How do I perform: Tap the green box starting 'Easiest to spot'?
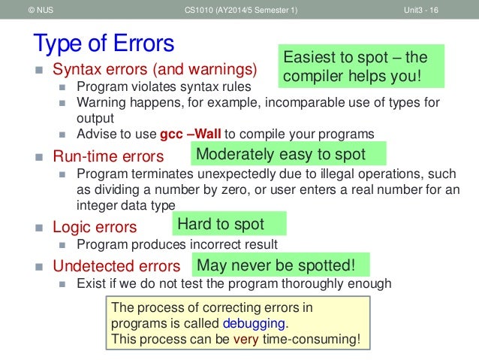point(360,67)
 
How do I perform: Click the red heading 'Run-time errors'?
point(108,157)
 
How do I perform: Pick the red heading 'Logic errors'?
point(95,227)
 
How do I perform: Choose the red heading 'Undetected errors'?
point(116,266)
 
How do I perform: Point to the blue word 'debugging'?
point(255,323)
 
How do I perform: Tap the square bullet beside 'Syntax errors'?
point(38,71)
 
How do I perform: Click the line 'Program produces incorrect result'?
point(177,244)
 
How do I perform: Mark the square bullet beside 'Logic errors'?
point(38,227)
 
